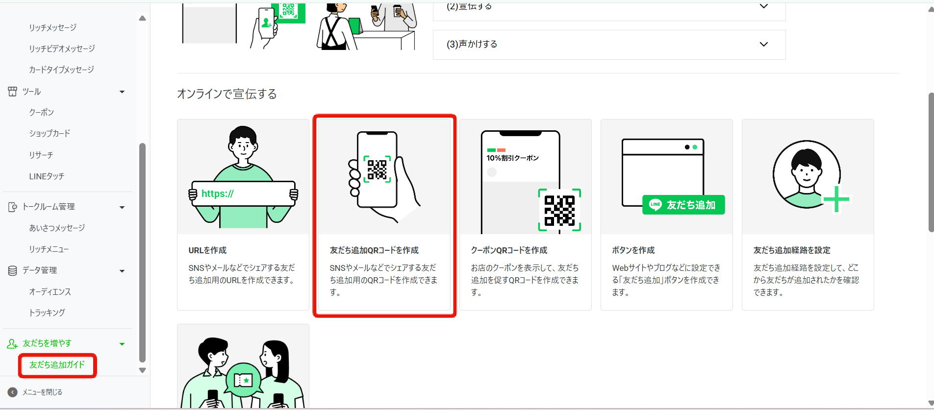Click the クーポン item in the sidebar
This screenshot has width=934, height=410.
42,113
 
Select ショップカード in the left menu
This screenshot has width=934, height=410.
50,134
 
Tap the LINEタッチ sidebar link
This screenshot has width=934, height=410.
47,176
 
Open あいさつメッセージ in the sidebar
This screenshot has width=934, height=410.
57,228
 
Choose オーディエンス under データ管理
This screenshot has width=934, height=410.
50,292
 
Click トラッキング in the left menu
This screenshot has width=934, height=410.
47,313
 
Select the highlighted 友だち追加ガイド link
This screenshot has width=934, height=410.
57,365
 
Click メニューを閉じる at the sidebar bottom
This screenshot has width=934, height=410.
42,392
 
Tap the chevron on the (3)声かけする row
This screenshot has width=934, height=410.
763,45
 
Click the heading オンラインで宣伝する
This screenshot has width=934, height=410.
227,94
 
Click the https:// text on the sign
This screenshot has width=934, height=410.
218,194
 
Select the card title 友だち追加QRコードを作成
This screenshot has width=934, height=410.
374,250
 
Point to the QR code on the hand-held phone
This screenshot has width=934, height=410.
377,169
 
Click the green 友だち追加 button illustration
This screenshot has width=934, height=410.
683,205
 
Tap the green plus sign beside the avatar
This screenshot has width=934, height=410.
836,199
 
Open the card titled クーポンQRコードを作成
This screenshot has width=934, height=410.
509,250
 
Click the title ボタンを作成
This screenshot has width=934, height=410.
633,250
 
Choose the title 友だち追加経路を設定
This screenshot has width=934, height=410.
792,250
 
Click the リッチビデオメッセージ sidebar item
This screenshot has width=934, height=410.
62,49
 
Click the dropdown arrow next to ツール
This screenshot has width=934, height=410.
122,92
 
